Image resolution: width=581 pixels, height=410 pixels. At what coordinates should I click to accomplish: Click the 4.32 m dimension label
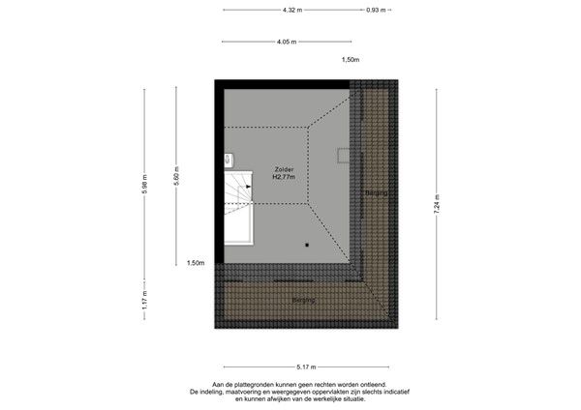292,10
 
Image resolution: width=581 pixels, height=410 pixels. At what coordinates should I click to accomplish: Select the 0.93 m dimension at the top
376,10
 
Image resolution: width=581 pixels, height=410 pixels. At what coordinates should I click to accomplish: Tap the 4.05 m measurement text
287,42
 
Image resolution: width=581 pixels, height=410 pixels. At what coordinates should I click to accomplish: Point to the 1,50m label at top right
351,61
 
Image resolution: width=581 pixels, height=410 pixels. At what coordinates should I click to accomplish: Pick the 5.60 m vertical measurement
176,183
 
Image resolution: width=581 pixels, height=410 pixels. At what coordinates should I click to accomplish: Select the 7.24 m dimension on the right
437,205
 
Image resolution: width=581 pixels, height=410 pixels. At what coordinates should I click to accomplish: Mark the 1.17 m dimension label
144,302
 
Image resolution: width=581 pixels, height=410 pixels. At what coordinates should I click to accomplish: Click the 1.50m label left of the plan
196,263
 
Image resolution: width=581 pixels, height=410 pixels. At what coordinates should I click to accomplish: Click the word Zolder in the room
284,169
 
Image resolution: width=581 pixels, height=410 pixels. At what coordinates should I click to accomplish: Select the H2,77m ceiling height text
284,177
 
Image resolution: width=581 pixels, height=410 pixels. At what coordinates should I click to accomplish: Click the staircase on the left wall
239,205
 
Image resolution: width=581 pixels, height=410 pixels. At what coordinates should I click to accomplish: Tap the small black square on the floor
306,245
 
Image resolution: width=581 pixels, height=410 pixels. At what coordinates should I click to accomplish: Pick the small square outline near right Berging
344,155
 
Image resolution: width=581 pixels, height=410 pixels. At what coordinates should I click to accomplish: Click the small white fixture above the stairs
228,159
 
